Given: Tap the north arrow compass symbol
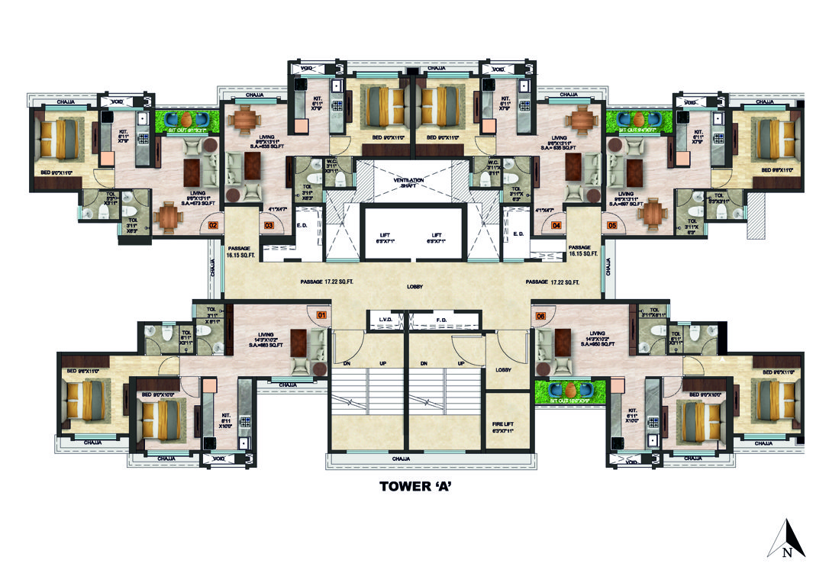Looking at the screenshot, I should [x=786, y=539].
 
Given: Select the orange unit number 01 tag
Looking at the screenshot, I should [x=321, y=313].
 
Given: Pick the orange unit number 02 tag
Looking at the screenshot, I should [x=213, y=225].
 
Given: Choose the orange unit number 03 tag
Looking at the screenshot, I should [x=269, y=225].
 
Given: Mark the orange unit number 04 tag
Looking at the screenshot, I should [x=556, y=225].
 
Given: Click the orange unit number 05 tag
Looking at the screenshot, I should [x=611, y=225].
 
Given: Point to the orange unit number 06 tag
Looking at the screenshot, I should [x=541, y=314].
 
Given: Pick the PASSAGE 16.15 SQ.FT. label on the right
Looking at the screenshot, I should [x=584, y=251].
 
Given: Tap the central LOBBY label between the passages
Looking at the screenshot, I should [x=414, y=286].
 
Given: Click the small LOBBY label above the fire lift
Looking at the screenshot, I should [x=502, y=370].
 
